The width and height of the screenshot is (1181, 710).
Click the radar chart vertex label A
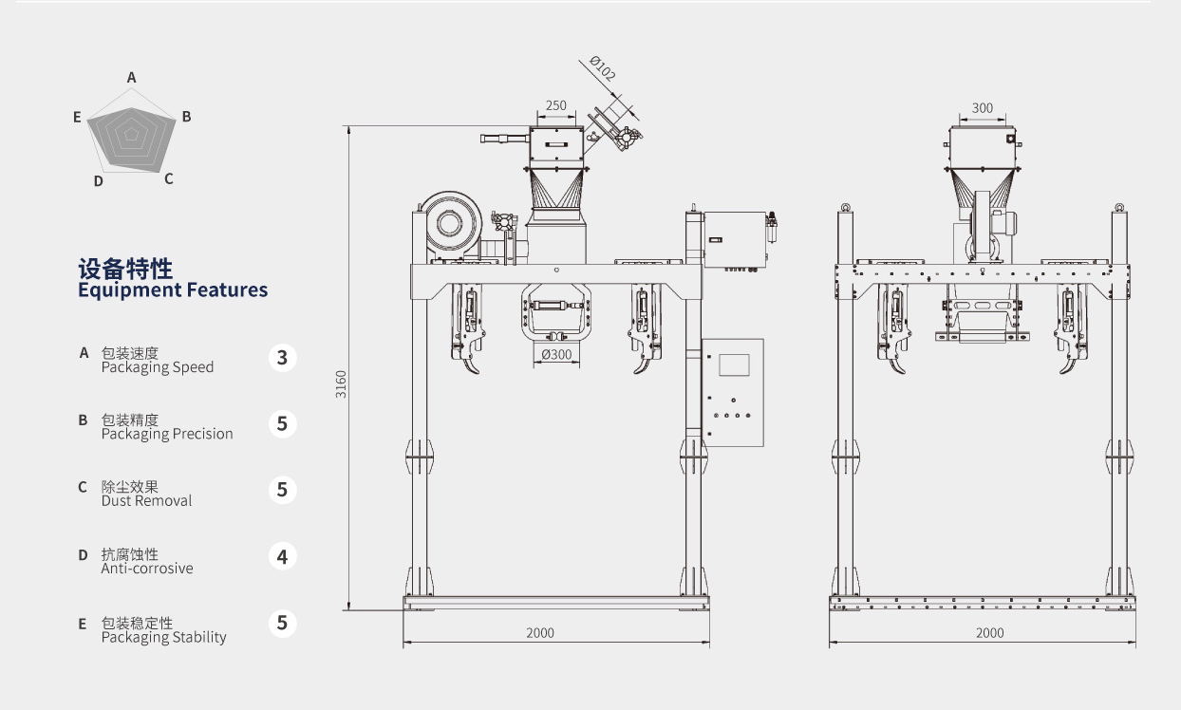[x=132, y=77]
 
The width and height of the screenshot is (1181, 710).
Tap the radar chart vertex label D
[x=98, y=180]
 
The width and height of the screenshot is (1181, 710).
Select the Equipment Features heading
[x=173, y=290]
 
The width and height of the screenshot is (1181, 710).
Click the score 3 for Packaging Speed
[x=282, y=358]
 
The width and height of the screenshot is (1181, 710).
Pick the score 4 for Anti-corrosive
[x=282, y=557]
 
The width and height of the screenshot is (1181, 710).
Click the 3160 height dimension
[x=342, y=383]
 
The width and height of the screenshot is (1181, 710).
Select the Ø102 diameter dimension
[x=602, y=69]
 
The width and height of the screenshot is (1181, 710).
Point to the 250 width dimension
[x=556, y=106]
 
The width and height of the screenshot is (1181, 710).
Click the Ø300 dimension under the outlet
[x=556, y=355]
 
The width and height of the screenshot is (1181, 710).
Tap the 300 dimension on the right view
[x=983, y=108]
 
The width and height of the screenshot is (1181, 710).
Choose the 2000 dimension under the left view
[x=540, y=633]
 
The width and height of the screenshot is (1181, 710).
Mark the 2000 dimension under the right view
[x=989, y=633]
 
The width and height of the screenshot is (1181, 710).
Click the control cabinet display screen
[x=734, y=364]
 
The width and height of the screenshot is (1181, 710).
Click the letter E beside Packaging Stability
[x=83, y=624]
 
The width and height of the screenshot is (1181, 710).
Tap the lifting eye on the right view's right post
[x=1120, y=206]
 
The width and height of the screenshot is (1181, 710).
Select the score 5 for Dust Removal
[x=282, y=490]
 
